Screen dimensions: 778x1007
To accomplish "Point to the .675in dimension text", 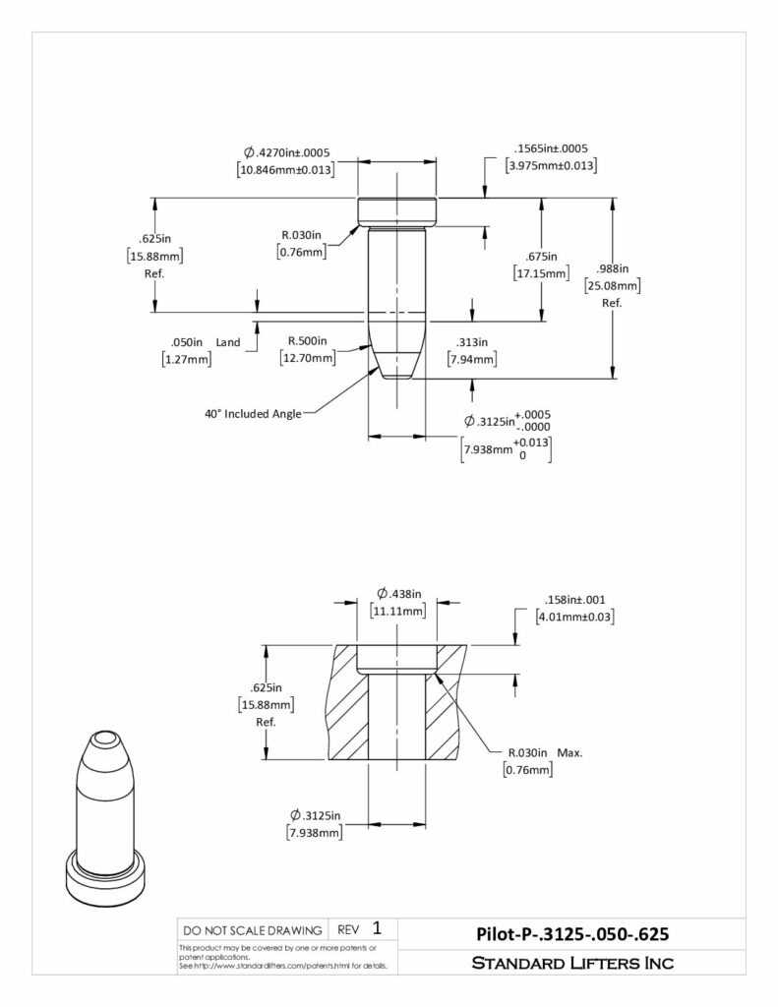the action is pyautogui.click(x=541, y=257).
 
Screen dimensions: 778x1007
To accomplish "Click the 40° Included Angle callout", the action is pyautogui.click(x=253, y=414).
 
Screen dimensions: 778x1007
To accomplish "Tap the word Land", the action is pyautogui.click(x=228, y=342).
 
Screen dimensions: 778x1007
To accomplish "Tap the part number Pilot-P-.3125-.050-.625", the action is pyautogui.click(x=572, y=934).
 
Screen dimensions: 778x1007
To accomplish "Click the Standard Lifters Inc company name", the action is pyautogui.click(x=572, y=963).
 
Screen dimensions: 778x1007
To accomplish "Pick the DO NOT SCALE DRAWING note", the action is pyautogui.click(x=253, y=930).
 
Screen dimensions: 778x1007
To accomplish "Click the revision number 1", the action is pyautogui.click(x=377, y=928).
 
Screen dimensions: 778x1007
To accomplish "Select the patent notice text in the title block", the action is pyautogui.click(x=283, y=957).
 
